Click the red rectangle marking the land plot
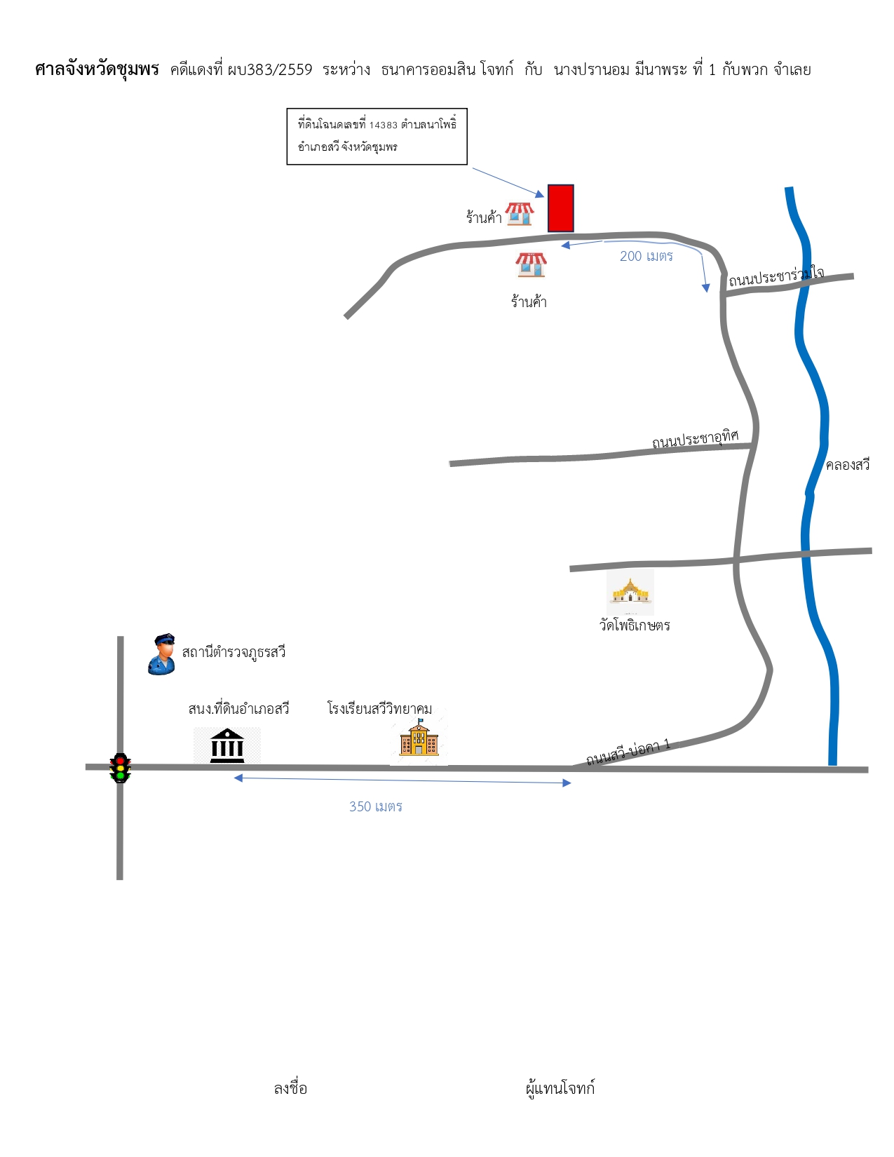coord(561,208)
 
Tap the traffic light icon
coord(121,768)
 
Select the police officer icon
coord(162,654)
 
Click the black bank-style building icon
coord(226,745)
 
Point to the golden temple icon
coord(630,590)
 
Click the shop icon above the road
coord(519,214)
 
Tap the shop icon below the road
coord(531,264)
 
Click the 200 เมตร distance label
coord(646,256)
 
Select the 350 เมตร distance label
coord(375,806)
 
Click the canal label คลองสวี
coord(847,465)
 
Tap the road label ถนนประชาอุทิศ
coord(696,439)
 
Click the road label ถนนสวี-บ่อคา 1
coord(628,751)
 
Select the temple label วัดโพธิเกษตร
coord(634,625)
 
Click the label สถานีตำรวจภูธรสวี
coord(233,652)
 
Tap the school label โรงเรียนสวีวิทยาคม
coord(379,709)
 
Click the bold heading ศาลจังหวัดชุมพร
coord(97,69)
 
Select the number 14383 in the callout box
coord(384,125)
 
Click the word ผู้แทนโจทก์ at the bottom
coord(560,1088)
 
